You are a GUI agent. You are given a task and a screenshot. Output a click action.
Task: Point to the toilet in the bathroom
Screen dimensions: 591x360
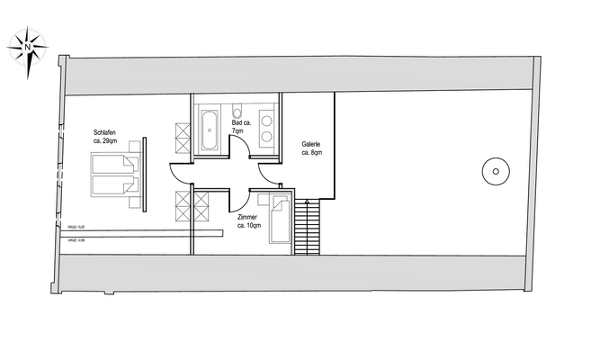pos(237,113)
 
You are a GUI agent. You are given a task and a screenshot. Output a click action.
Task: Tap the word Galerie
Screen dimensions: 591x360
pos(311,144)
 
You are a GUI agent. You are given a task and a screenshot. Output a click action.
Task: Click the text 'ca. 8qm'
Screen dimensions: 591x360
pos(311,153)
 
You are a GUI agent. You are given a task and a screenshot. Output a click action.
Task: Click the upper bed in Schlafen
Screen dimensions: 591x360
pos(115,165)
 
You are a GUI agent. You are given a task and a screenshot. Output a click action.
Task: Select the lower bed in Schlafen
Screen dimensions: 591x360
pos(115,186)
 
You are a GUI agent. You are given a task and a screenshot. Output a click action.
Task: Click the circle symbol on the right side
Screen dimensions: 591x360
pos(493,169)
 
